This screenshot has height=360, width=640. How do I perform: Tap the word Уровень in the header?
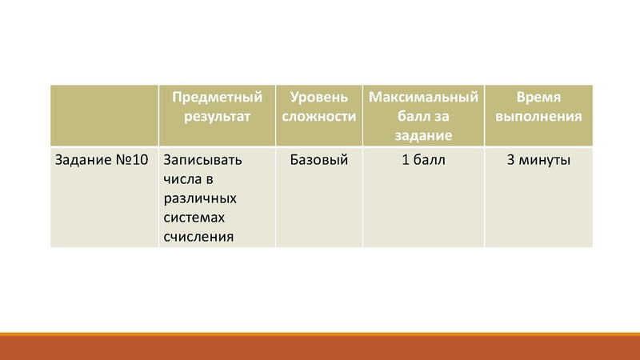click(x=318, y=97)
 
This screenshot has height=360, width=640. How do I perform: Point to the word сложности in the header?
click(x=318, y=116)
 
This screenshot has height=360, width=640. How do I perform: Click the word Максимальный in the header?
click(x=423, y=97)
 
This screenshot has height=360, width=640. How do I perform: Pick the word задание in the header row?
click(x=424, y=135)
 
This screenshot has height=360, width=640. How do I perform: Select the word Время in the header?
click(x=538, y=97)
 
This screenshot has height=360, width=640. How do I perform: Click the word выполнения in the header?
click(x=538, y=116)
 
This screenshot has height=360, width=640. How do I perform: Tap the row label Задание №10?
click(x=101, y=160)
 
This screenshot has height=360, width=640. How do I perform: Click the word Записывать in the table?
click(x=202, y=160)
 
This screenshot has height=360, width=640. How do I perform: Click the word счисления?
click(x=198, y=236)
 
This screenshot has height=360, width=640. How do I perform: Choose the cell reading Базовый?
click(x=318, y=160)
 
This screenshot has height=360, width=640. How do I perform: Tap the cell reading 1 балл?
click(x=423, y=160)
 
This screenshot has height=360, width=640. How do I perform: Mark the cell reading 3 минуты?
click(x=538, y=160)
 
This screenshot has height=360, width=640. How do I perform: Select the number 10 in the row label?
click(x=139, y=160)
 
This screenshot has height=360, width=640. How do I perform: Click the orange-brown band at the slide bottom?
click(x=320, y=348)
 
